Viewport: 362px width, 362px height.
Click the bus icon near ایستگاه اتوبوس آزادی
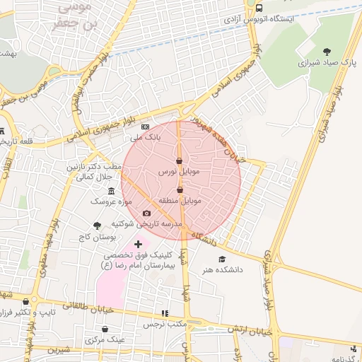[259, 8]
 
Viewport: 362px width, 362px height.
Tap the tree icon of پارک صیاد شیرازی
[326, 52]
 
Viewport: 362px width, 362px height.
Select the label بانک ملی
[149, 137]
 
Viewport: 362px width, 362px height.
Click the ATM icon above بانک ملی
[146, 127]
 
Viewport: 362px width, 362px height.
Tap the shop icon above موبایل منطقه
[180, 189]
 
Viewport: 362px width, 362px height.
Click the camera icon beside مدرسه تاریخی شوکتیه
[146, 214]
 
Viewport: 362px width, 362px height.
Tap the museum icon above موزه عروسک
[111, 192]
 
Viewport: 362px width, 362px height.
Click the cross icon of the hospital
[138, 244]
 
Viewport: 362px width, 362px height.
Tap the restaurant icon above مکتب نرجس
[165, 313]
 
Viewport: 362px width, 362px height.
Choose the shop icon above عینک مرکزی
[105, 329]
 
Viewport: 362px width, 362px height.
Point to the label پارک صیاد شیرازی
[303, 62]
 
